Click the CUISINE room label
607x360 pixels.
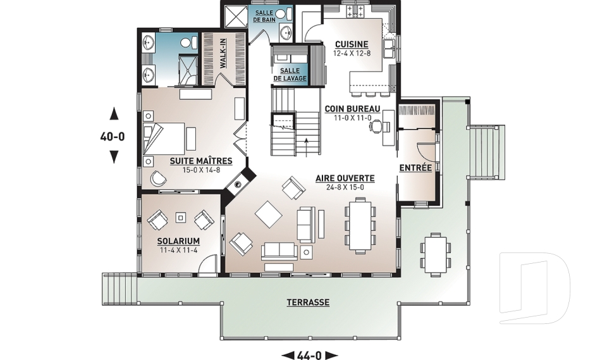(x=352, y=44)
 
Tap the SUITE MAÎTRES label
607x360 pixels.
(x=201, y=161)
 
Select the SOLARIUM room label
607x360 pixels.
(x=178, y=242)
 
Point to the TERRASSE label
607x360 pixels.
(x=308, y=302)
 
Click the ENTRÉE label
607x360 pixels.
(x=415, y=168)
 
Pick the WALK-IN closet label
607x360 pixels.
(x=223, y=54)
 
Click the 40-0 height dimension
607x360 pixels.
(x=113, y=137)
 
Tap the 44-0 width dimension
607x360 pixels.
(x=309, y=355)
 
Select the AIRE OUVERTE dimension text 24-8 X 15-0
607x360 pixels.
(x=345, y=187)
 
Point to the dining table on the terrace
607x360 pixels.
(x=436, y=254)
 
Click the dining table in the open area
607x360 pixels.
(x=360, y=225)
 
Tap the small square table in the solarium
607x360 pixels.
(x=180, y=218)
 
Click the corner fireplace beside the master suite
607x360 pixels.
(x=240, y=182)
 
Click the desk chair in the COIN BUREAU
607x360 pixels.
(x=376, y=126)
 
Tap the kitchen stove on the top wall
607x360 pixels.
(x=355, y=11)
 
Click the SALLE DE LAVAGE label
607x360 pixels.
(x=290, y=75)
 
